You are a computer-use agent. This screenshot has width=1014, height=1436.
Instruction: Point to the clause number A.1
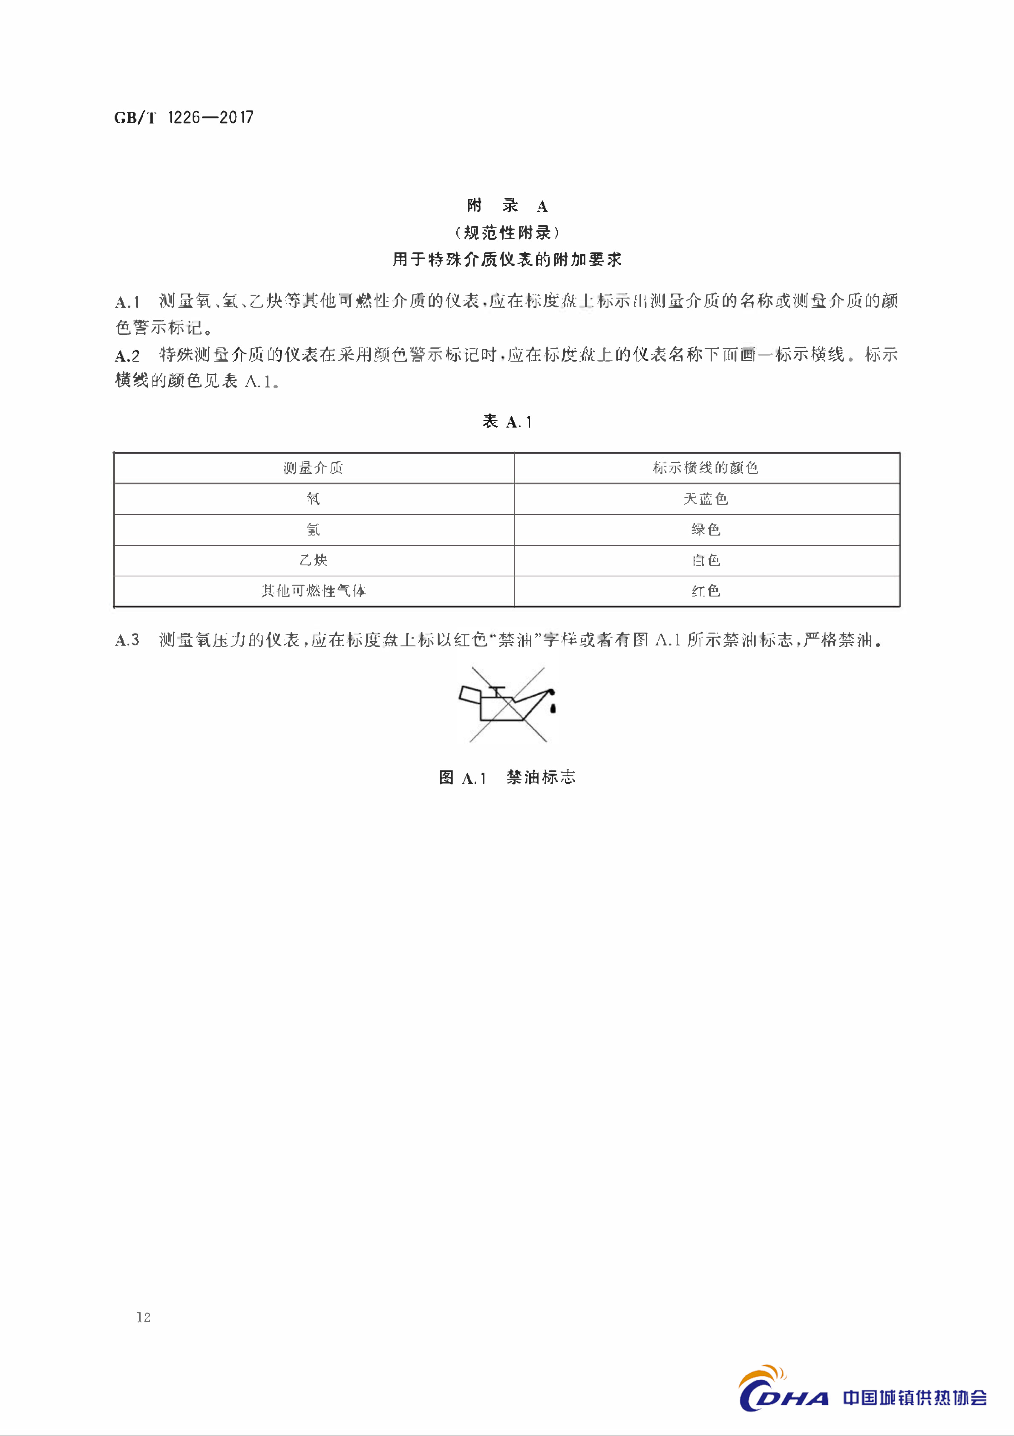pyautogui.click(x=128, y=302)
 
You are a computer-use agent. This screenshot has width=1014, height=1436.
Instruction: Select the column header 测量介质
pyautogui.click(x=313, y=468)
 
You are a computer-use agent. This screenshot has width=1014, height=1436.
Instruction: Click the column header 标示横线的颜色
pyautogui.click(x=706, y=468)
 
